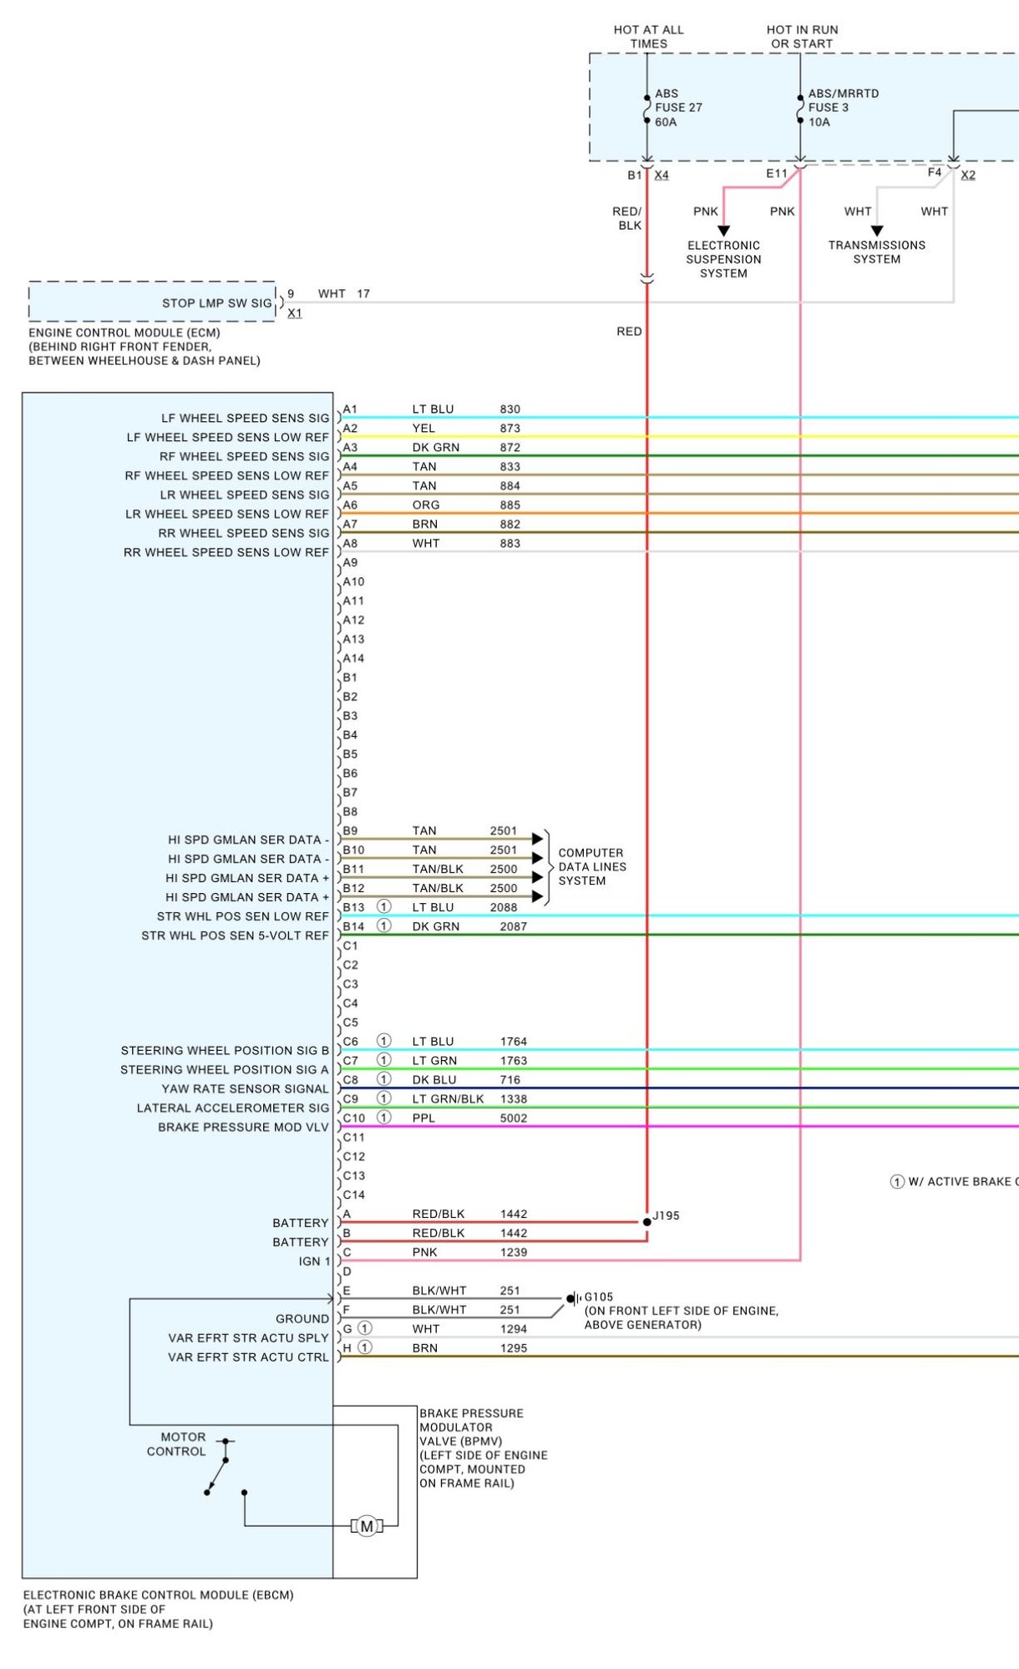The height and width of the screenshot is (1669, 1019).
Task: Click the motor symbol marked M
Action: [367, 1526]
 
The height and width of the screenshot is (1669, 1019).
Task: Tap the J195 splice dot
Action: [646, 1221]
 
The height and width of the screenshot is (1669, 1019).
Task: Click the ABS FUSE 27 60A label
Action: [678, 108]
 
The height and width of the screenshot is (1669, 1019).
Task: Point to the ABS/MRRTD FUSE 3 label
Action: [844, 108]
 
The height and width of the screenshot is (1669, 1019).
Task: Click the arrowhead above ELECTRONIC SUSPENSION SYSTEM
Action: [724, 231]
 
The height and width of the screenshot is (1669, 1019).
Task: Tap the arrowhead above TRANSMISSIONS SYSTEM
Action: [877, 231]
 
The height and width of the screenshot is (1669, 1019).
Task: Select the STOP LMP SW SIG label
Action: [217, 303]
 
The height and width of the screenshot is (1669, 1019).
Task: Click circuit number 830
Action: [510, 409]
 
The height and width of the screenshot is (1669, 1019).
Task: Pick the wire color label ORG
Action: [426, 505]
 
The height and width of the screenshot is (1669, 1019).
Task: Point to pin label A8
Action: [350, 543]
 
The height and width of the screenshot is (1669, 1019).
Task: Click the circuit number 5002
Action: [514, 1118]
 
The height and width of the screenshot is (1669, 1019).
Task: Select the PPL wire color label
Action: [423, 1118]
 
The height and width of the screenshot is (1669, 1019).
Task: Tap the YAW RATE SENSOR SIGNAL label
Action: [246, 1088]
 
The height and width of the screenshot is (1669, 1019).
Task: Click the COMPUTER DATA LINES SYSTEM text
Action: [592, 867]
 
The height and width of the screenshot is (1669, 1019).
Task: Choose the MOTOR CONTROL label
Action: [176, 1444]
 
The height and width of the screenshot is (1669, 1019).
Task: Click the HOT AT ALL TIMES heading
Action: [649, 37]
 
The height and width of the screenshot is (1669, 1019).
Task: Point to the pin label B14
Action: [353, 926]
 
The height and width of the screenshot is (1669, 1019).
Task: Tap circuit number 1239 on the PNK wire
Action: [514, 1252]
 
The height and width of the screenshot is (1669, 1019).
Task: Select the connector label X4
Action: [662, 175]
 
